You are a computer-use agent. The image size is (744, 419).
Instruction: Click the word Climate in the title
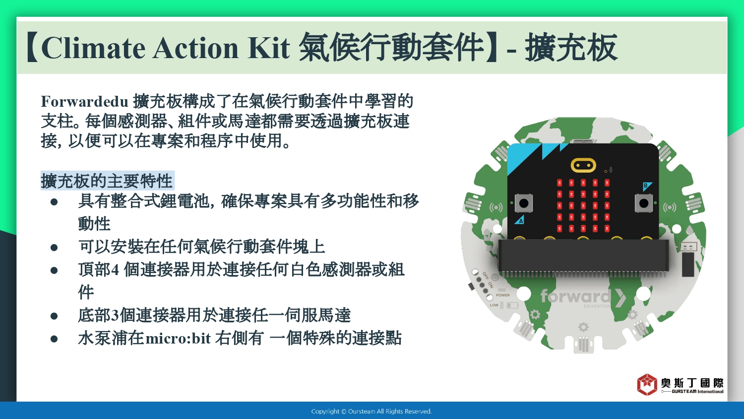click(93, 48)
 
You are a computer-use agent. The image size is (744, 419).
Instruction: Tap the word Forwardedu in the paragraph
click(85, 101)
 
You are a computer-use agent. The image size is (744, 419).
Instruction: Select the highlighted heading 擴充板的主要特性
click(107, 181)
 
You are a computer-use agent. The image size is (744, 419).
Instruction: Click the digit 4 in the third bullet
click(115, 270)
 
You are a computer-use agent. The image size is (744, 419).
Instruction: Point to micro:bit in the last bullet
click(178, 339)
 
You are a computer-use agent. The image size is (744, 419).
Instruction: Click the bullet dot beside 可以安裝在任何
click(54, 248)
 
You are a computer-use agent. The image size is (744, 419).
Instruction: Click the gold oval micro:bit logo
click(583, 165)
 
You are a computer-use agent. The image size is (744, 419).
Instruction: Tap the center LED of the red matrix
click(583, 206)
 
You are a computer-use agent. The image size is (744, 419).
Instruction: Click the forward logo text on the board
click(576, 296)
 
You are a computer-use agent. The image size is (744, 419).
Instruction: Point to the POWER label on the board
click(502, 295)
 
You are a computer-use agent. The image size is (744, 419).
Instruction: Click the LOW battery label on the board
click(494, 305)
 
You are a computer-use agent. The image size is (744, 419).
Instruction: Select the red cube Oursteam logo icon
click(647, 385)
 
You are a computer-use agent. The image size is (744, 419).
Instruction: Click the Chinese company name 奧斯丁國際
click(692, 383)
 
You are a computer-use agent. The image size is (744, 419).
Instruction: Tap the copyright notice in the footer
click(372, 412)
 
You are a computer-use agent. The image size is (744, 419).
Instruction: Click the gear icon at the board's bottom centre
click(583, 327)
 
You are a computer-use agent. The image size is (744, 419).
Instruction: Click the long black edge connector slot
click(583, 255)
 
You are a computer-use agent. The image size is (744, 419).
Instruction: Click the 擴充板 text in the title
click(571, 48)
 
